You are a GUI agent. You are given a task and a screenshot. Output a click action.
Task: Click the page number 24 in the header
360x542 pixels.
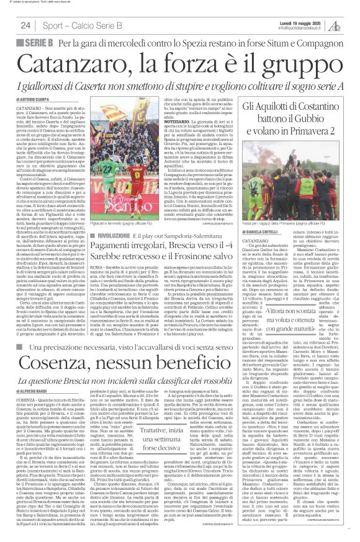[x=25, y=25]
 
